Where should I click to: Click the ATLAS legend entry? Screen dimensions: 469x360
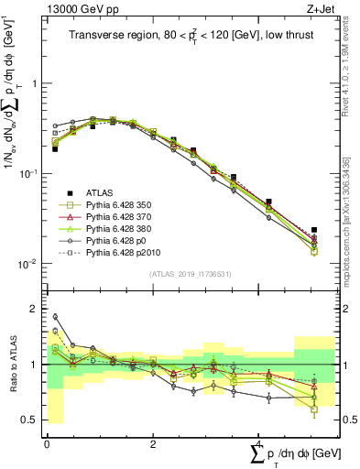[101, 191]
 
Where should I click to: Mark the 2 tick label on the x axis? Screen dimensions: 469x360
[152, 442]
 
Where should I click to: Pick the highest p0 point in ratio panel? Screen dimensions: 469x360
[55, 317]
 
